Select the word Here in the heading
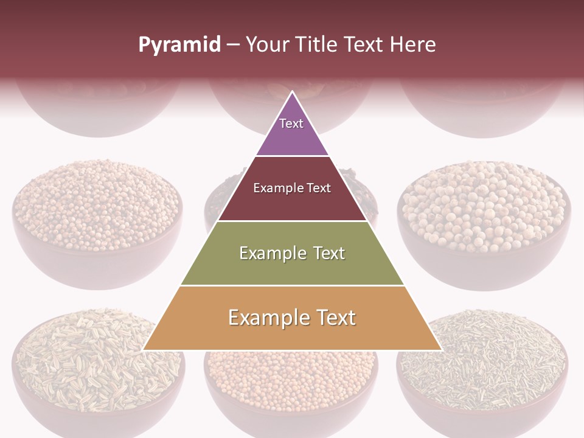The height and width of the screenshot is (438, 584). [413, 44]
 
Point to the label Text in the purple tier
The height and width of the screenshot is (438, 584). [291, 123]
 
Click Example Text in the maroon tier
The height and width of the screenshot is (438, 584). [292, 188]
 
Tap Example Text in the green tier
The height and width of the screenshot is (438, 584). [292, 253]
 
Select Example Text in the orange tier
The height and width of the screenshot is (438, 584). [292, 318]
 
